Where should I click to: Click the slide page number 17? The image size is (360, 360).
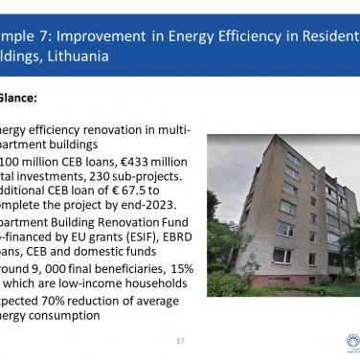[180, 341]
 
